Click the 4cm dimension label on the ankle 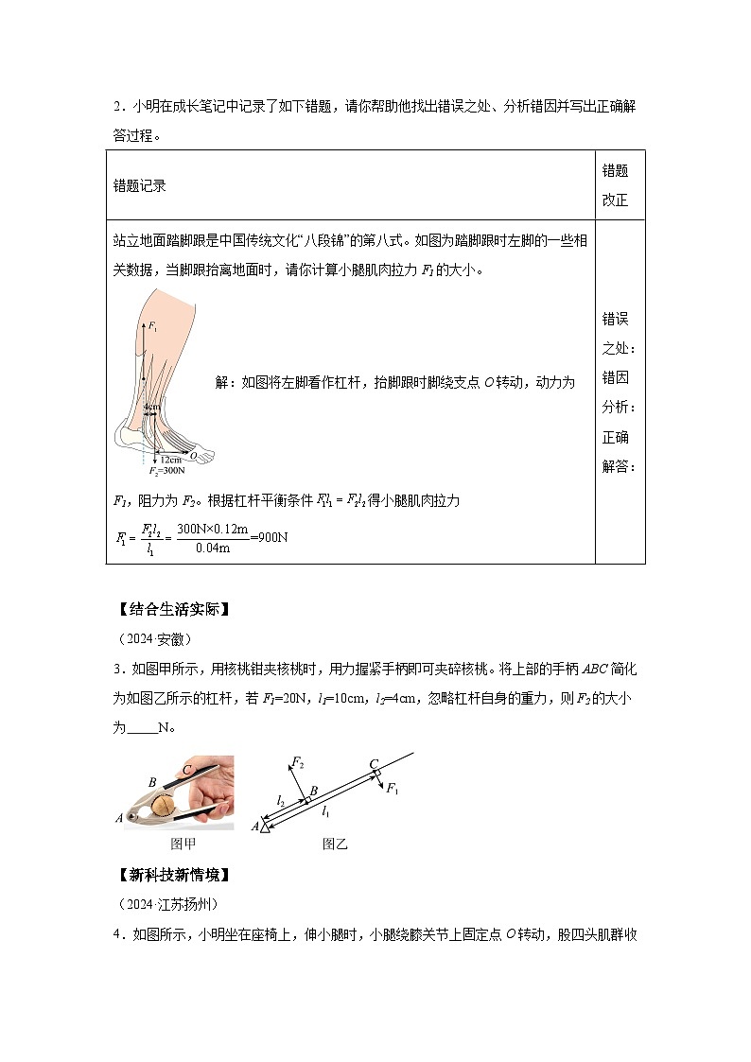[x=150, y=407]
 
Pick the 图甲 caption [x=182, y=844]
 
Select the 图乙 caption [x=335, y=844]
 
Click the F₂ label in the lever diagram [x=297, y=762]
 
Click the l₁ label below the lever [x=325, y=811]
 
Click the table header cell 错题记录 [x=139, y=185]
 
